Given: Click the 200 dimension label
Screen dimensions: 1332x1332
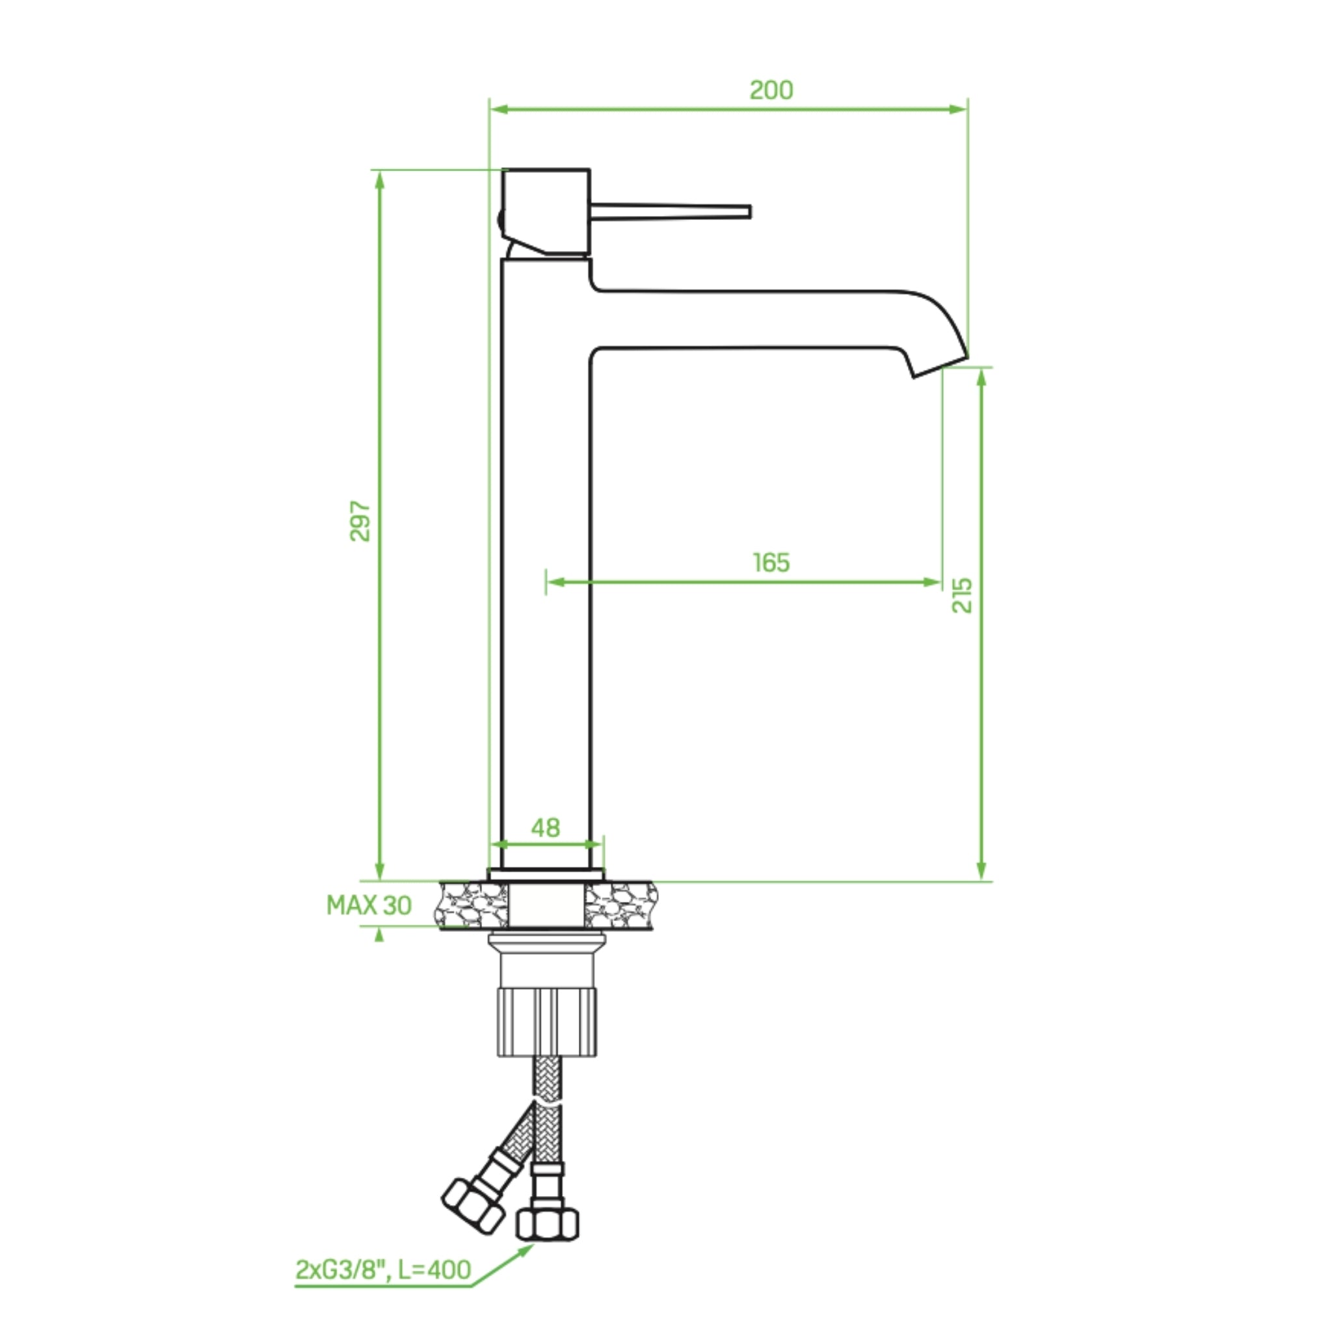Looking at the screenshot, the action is coord(771,90).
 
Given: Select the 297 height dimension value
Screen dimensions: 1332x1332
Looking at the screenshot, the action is coord(360,521).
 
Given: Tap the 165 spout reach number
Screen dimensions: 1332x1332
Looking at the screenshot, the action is coord(771,563).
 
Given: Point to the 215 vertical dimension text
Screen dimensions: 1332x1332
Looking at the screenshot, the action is coord(962,595).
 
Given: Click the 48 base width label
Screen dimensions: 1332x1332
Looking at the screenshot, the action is coord(545,827).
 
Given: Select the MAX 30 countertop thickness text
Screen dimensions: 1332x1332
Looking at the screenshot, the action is coord(369,905).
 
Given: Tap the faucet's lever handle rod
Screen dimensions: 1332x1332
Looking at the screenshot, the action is coord(670,211).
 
